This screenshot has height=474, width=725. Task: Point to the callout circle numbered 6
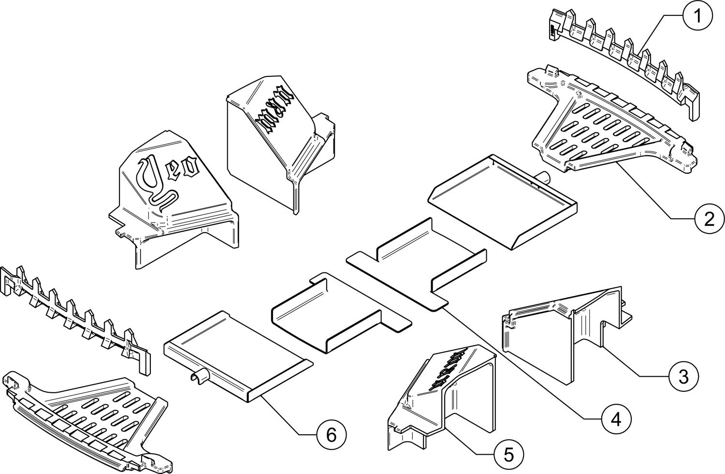click(x=331, y=434)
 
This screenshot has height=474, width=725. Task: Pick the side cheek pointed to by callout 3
click(x=565, y=329)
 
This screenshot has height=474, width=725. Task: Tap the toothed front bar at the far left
click(x=72, y=314)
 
